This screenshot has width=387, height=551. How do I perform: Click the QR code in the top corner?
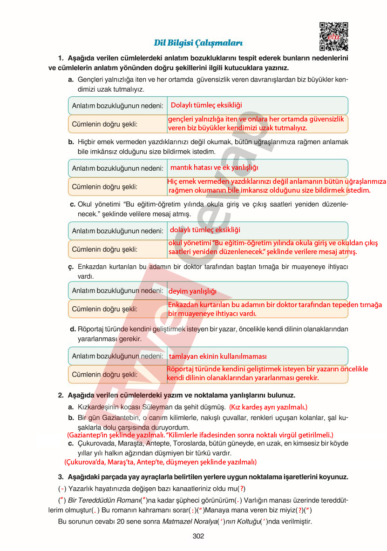pyautogui.click(x=333, y=36)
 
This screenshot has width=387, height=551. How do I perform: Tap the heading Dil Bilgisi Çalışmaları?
pyautogui.click(x=198, y=43)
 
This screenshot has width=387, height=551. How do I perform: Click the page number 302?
pyautogui.click(x=198, y=536)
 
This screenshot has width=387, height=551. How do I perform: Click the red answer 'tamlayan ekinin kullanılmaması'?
pyautogui.click(x=217, y=356)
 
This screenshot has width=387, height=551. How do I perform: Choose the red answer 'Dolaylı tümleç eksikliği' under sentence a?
pyautogui.click(x=206, y=105)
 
